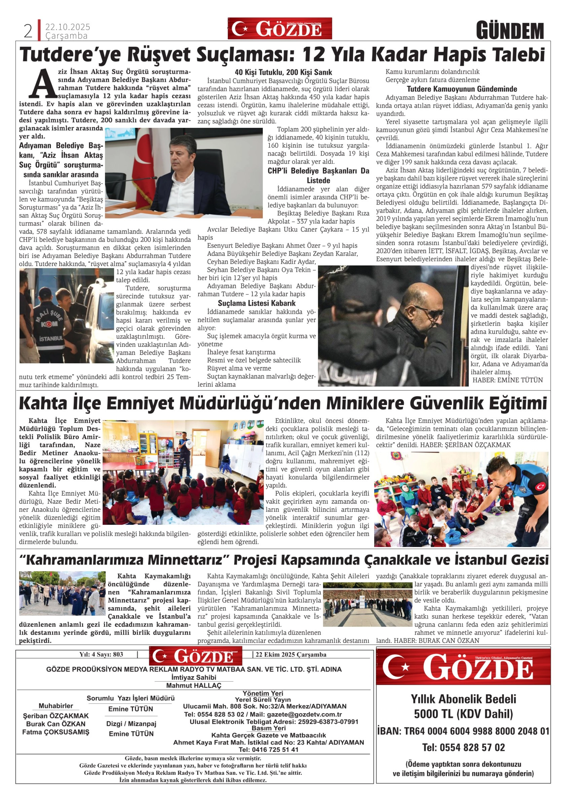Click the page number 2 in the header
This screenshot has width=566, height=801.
[x=28, y=31]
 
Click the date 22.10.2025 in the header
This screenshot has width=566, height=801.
[x=68, y=27]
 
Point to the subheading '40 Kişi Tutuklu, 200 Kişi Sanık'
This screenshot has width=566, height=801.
[x=283, y=72]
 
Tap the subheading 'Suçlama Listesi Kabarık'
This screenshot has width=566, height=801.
[x=257, y=303]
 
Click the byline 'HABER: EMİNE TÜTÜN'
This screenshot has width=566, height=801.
[x=507, y=380]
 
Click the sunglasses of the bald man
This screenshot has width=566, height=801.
[x=431, y=313]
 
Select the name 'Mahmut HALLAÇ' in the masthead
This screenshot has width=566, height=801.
[x=194, y=685]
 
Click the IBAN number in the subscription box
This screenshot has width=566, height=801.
[x=463, y=731]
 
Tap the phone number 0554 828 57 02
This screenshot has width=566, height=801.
[x=463, y=747]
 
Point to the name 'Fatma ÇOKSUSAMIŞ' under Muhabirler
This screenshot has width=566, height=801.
[x=56, y=732]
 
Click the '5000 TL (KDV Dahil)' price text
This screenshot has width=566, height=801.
[x=463, y=714]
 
